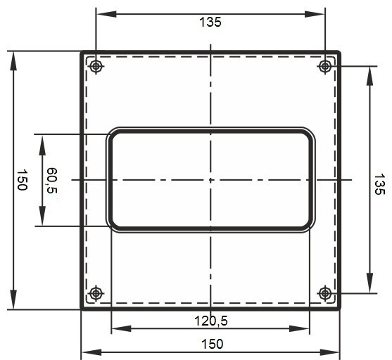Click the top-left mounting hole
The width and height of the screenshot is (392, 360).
coord(96,67)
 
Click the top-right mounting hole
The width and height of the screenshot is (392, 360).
coord(324,67)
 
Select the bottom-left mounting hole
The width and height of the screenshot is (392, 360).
coord(96,293)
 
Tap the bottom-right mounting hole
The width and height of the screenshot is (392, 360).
coord(324,293)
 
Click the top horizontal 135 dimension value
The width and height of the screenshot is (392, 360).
coord(210,22)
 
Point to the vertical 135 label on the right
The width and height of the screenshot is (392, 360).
coord(379,184)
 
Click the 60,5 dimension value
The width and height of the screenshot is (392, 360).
coord(52,181)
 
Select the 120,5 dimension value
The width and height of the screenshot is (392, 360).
coord(211,321)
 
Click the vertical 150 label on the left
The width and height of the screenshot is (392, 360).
coord(22,180)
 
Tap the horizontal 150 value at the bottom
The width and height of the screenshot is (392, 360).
coord(212,344)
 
